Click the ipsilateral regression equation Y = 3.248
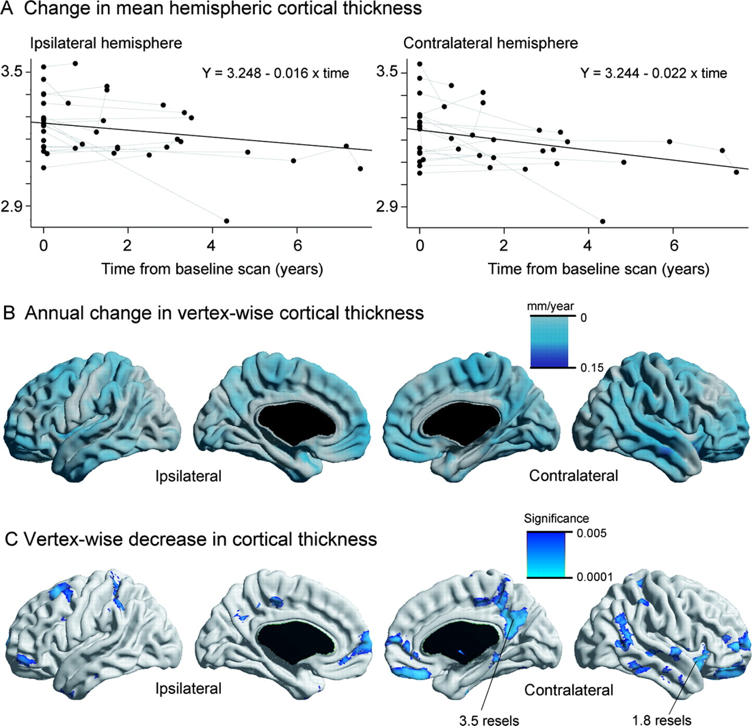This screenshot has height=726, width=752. tap(276, 73)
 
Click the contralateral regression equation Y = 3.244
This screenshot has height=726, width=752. tap(653, 73)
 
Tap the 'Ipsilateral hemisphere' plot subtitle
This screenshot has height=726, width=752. tap(106, 44)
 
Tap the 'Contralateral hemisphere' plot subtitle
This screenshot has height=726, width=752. tap(491, 44)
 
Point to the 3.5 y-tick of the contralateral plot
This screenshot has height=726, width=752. tap(387, 72)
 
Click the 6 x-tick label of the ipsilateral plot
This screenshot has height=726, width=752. tap(297, 246)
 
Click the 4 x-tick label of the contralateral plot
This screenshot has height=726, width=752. tap(588, 246)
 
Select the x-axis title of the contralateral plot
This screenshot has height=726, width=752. tap(598, 269)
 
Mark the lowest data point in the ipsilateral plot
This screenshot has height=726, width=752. tap(226, 220)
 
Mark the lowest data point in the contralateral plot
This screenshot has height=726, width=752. tap(603, 221)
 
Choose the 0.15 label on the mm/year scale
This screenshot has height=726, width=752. tap(592, 368)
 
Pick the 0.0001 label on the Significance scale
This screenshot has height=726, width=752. tap(595, 577)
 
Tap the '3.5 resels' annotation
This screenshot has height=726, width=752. tap(489, 720)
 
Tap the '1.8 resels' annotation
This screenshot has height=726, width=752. tap(662, 720)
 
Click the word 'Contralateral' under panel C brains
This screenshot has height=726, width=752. tap(569, 690)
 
